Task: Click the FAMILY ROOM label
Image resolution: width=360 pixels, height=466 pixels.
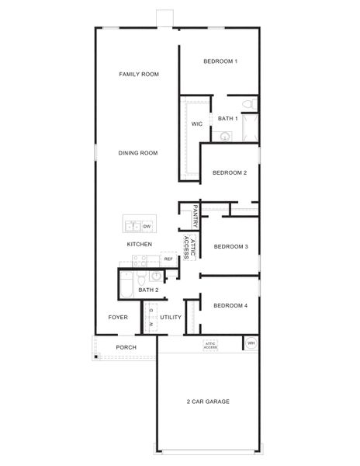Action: [x=139, y=75]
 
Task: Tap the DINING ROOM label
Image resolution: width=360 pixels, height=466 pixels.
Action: [x=138, y=153]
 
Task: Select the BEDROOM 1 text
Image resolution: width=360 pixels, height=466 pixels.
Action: [x=220, y=61]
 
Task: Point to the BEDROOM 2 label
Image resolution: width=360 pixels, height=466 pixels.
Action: [x=230, y=172]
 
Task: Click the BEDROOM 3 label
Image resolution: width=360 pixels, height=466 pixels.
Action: [x=230, y=247]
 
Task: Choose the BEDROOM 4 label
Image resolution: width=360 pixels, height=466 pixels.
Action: [x=230, y=305]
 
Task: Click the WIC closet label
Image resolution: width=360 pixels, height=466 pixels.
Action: [x=197, y=123]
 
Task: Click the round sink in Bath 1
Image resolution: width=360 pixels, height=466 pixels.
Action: [x=225, y=134]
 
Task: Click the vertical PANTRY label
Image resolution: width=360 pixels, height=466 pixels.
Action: [x=196, y=217]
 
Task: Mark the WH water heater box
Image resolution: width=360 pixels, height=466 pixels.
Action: [x=251, y=343]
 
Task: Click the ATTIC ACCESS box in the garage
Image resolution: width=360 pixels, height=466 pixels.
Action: [x=210, y=345]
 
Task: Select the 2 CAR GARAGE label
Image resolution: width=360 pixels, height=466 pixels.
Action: [x=207, y=402]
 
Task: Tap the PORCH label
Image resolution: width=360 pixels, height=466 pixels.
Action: [x=126, y=347]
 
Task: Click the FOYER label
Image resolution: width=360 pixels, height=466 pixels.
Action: [x=118, y=318]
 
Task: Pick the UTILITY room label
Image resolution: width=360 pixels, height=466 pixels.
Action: [x=171, y=318]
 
